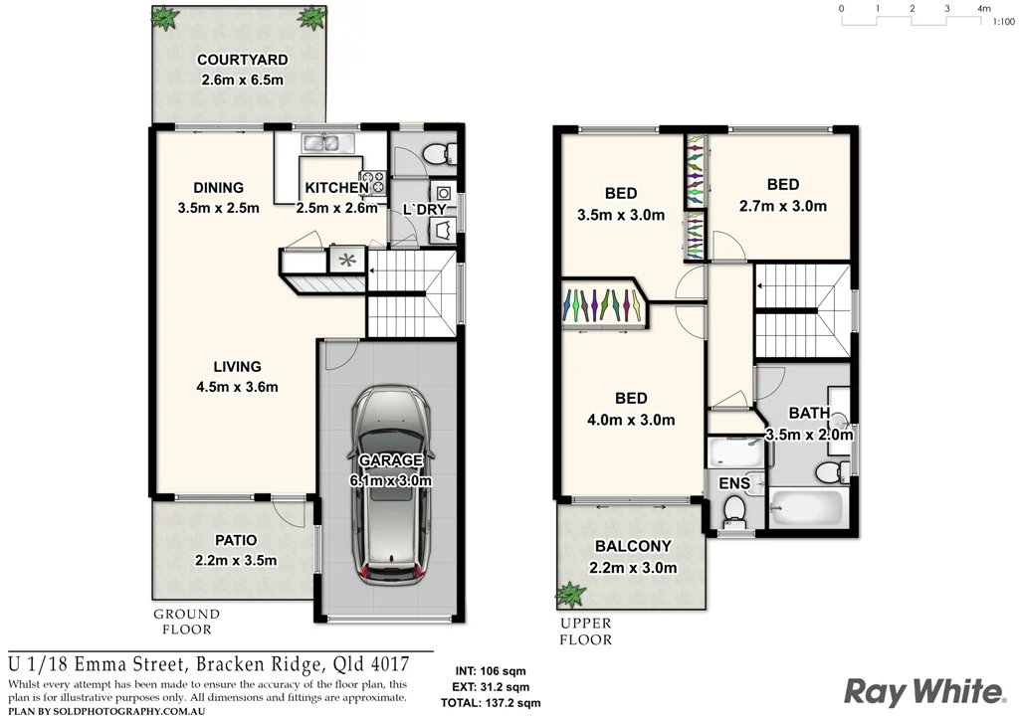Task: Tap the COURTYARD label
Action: pos(243,60)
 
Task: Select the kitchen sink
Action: pos(325,144)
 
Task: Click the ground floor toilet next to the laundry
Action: pos(434,153)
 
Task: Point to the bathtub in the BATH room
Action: pos(806,507)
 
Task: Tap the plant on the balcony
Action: pos(571,595)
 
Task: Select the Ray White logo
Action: pos(922,691)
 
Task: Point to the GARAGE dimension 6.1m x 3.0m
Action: pos(392,480)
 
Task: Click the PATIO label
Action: pos(236,540)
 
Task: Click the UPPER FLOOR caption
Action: pos(585,630)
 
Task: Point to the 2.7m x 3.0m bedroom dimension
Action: pos(782,206)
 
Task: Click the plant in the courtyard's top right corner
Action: pos(311,17)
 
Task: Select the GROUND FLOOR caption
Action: pos(186,622)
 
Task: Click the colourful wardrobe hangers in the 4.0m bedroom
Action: pos(601,303)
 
